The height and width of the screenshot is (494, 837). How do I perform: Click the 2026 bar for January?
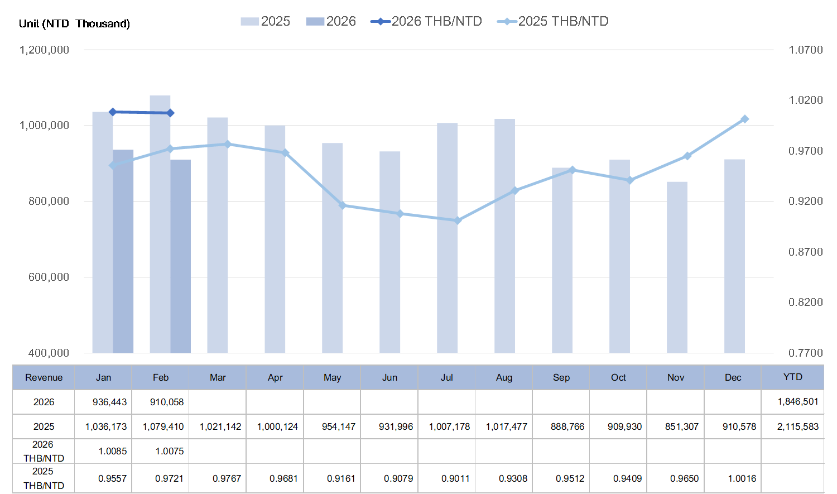(x=123, y=251)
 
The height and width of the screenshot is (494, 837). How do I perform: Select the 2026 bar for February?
(x=181, y=256)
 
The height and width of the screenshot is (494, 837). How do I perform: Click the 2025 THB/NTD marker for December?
(x=744, y=119)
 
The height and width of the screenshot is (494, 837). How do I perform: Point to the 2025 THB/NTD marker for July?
(x=458, y=220)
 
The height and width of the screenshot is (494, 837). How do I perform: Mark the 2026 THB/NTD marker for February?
(x=171, y=113)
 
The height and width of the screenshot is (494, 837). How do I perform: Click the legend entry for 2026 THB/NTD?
(x=426, y=22)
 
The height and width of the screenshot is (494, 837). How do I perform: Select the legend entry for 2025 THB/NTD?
(x=553, y=22)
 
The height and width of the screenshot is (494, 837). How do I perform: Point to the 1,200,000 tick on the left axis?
(x=45, y=50)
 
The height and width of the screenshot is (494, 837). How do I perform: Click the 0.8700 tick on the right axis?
(x=805, y=252)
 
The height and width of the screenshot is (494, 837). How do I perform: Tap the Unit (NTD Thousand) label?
(x=74, y=23)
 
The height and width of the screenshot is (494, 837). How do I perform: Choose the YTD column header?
(x=792, y=377)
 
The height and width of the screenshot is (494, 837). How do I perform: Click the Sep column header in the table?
(x=561, y=378)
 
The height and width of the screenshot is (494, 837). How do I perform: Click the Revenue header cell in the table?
(x=44, y=378)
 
